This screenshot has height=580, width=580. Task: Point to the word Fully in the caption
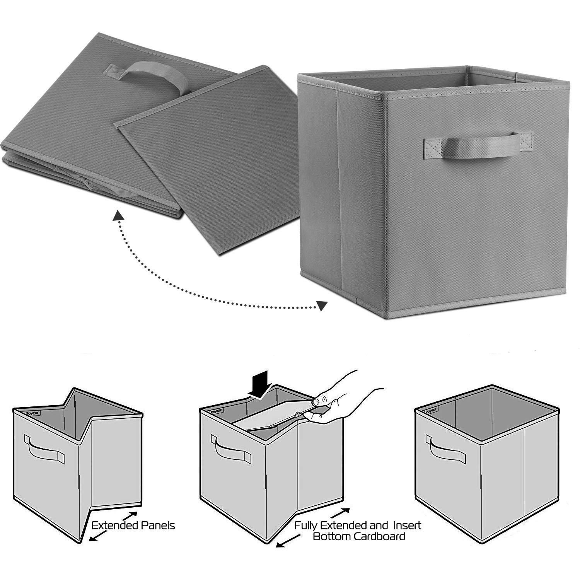[308, 525]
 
